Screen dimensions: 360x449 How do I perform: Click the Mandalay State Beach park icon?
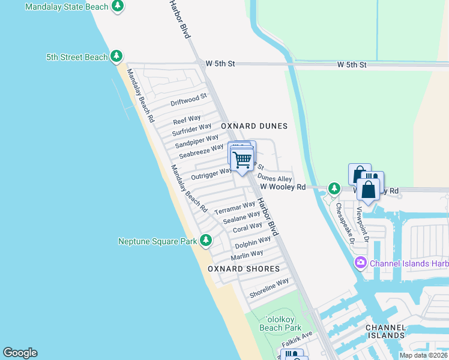[118, 7]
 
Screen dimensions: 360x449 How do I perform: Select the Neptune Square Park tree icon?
[206, 241]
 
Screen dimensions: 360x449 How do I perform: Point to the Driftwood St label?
[188, 99]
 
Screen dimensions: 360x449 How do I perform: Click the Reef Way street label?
[187, 119]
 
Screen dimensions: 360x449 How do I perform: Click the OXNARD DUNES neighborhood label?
[254, 126]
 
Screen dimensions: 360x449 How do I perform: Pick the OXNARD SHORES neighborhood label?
[244, 269]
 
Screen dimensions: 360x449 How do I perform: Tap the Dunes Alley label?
[275, 179]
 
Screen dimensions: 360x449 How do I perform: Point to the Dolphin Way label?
[253, 243]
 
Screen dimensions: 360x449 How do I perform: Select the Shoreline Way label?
[269, 287]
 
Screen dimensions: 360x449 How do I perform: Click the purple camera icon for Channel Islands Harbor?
[361, 262]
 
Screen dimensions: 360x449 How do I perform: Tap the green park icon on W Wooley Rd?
[334, 188]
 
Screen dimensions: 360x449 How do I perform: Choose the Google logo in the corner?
[20, 353]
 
